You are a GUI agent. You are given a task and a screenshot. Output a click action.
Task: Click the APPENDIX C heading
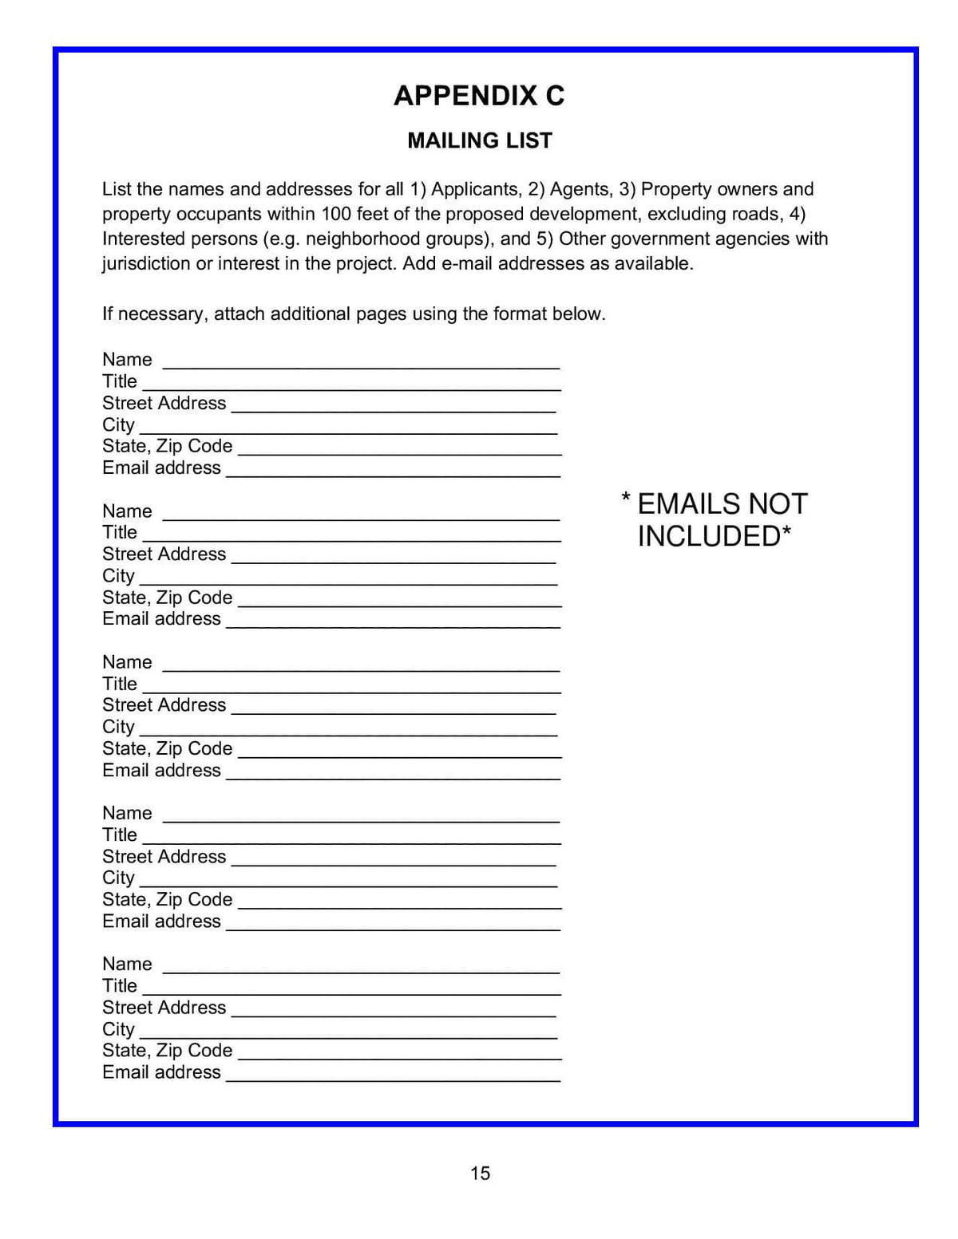pos(479,96)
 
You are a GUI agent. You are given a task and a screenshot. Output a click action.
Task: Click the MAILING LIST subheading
pos(480,140)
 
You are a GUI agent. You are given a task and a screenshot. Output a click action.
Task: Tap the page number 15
pos(480,1173)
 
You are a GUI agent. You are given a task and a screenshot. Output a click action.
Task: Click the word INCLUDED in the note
pos(709,536)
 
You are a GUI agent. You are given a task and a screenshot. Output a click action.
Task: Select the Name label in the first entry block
pos(127,360)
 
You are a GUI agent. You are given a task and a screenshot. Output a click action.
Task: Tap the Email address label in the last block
pos(161,1072)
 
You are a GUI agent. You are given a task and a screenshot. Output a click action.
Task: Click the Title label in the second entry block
pos(120,532)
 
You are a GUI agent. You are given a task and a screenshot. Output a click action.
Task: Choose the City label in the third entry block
pos(118,727)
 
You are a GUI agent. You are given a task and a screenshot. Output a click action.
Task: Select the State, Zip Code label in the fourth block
pos(168,899)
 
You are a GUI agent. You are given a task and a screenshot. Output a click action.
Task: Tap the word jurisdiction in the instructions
pos(145,263)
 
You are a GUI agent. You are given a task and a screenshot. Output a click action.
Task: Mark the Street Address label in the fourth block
pos(164,856)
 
